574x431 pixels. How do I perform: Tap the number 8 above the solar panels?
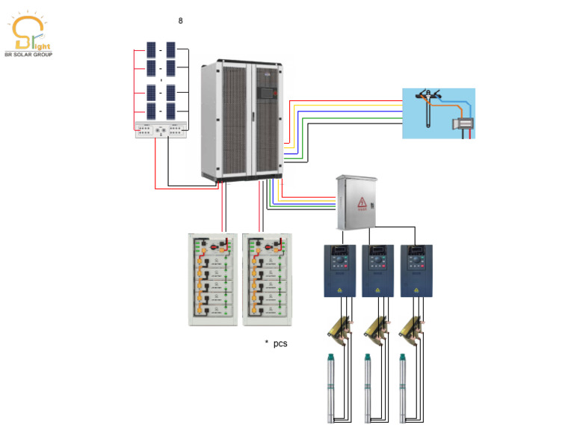point(180,21)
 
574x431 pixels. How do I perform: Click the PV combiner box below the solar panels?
point(161,130)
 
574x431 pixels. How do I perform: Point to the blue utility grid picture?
point(439,113)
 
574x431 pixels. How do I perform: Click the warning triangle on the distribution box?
point(362,202)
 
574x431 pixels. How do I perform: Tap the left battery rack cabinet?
point(214,279)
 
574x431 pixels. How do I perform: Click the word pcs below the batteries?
point(280,343)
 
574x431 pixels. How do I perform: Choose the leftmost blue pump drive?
point(339,270)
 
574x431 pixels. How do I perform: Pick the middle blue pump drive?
point(377,270)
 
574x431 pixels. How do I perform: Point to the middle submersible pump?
point(367,388)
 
